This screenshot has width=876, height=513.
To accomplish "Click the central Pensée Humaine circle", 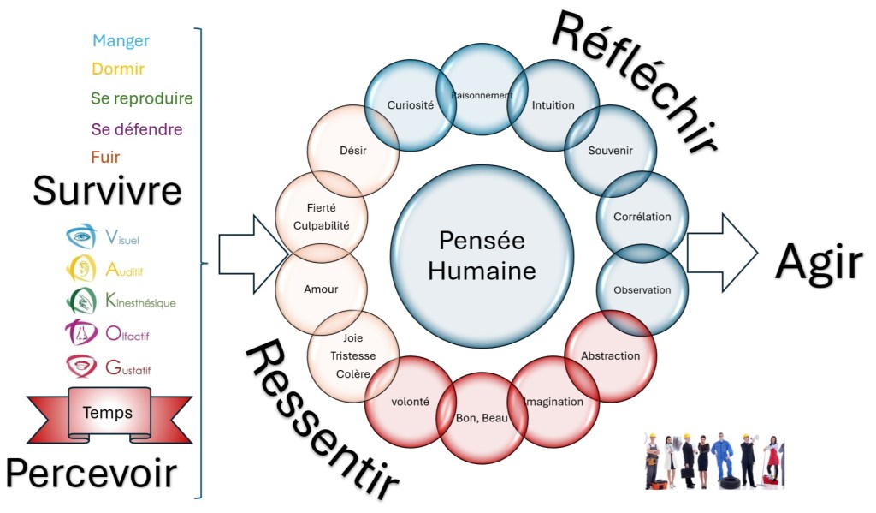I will tap(482, 255).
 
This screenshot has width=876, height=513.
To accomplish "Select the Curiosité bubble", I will tap(410, 105).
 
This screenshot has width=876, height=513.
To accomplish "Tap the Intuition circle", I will tap(553, 105).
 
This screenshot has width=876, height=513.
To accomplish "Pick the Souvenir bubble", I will tap(611, 151).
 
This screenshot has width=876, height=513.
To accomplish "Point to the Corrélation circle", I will tap(642, 217).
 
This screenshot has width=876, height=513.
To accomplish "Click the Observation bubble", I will tap(642, 289).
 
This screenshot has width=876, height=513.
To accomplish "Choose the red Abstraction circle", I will tap(610, 355).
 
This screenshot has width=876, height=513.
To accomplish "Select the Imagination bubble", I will tap(553, 402).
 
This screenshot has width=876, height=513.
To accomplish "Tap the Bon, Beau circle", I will tap(482, 418).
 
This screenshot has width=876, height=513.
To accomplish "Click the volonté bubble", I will tap(410, 401).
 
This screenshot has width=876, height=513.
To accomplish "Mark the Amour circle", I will tap(321, 289).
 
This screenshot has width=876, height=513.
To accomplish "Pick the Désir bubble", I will tap(352, 152).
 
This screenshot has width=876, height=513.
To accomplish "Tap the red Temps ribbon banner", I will tap(108, 413).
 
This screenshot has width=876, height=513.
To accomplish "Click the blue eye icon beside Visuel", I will tap(81, 236).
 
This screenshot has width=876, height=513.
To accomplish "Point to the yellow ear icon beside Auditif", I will tap(81, 269).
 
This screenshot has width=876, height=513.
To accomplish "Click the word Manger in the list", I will tap(121, 41).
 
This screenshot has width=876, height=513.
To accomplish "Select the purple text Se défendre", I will tap(137, 130).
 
